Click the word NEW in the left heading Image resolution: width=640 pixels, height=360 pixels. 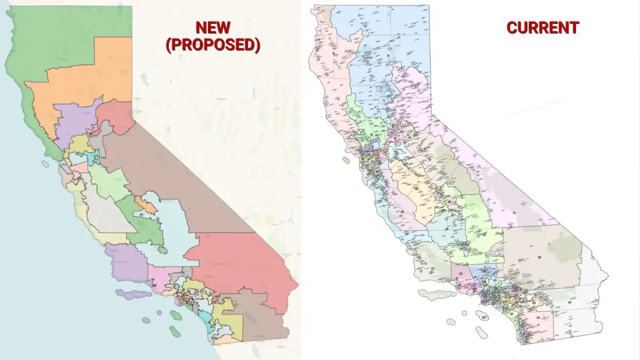click(x=212, y=28)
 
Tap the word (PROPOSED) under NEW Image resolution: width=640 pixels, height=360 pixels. click(x=212, y=45)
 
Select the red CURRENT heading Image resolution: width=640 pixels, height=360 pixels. click(x=542, y=28)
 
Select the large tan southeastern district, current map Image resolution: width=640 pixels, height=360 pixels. click(x=539, y=256)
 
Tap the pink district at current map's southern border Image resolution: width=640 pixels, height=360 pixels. click(x=536, y=325)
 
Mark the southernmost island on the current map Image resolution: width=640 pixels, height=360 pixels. click(x=482, y=333)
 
